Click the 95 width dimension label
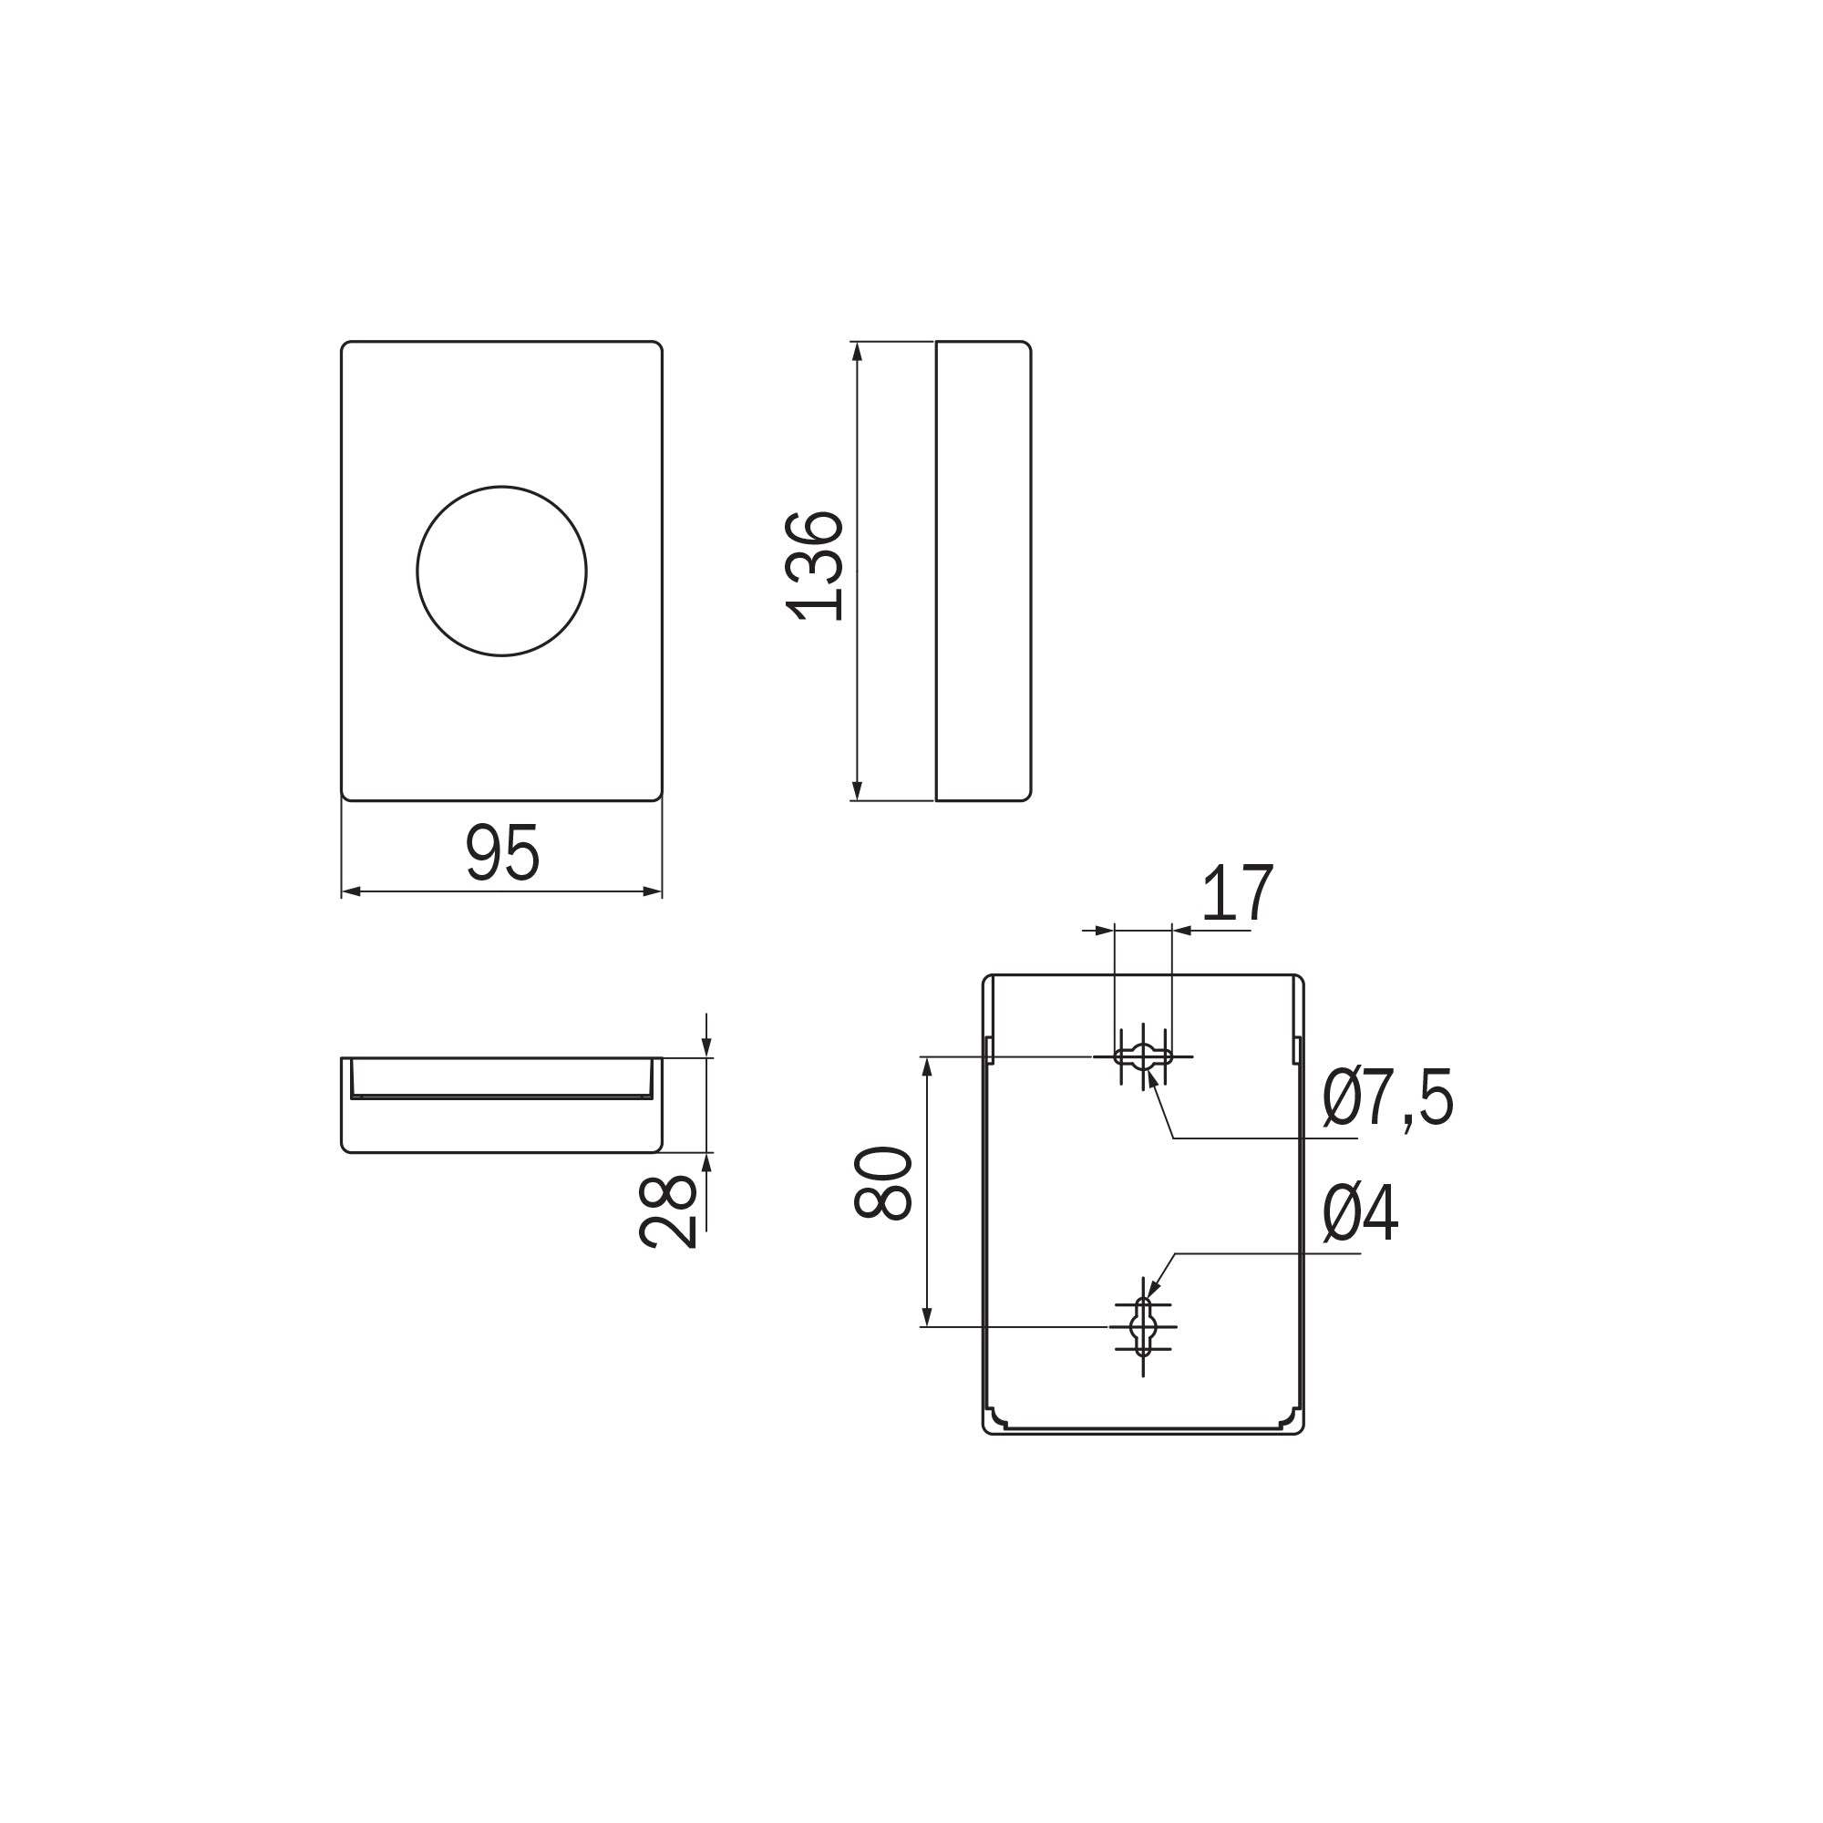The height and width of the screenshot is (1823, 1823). click(x=503, y=853)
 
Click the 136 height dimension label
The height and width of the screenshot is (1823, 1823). click(x=814, y=565)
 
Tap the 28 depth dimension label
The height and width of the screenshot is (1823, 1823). click(x=668, y=1211)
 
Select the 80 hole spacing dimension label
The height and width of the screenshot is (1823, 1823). click(x=883, y=1183)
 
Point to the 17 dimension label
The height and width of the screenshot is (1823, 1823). click(x=1238, y=892)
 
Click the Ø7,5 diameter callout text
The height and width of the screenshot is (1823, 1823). click(x=1388, y=1097)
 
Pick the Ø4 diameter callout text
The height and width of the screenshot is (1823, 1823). click(x=1361, y=1212)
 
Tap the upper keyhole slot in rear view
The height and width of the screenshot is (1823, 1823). click(x=1144, y=1056)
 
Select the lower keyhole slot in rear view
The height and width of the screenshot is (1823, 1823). click(x=1144, y=1326)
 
